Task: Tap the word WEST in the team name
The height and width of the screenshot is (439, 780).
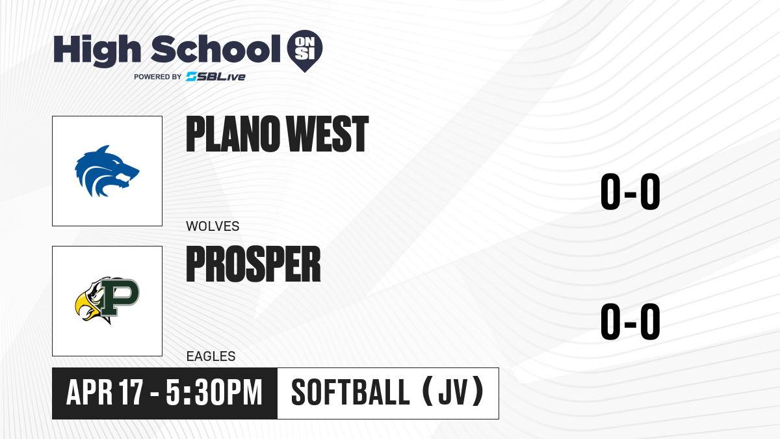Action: pos(328,134)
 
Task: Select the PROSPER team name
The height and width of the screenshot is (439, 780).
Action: pos(253,264)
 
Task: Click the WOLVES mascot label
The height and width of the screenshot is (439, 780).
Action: pos(213,226)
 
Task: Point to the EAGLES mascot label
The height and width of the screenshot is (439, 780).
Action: pos(211,356)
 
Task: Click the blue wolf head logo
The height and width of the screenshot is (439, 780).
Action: pos(107,171)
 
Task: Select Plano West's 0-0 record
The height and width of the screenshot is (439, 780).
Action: pos(630,191)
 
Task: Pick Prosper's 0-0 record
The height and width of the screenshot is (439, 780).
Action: pos(630,321)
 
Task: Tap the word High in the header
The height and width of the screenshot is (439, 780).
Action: pos(97,50)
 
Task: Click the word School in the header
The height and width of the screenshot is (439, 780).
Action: pos(216,49)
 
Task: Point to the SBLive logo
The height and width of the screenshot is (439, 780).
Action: pos(216,77)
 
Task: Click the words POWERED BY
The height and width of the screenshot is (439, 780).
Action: pos(158,77)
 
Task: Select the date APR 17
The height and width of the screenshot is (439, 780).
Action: pos(105,393)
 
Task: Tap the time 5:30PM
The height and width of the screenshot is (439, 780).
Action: pos(214,393)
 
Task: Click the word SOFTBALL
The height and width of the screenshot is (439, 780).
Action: pos(350,393)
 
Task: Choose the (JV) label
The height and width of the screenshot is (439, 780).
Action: pos(454,392)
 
